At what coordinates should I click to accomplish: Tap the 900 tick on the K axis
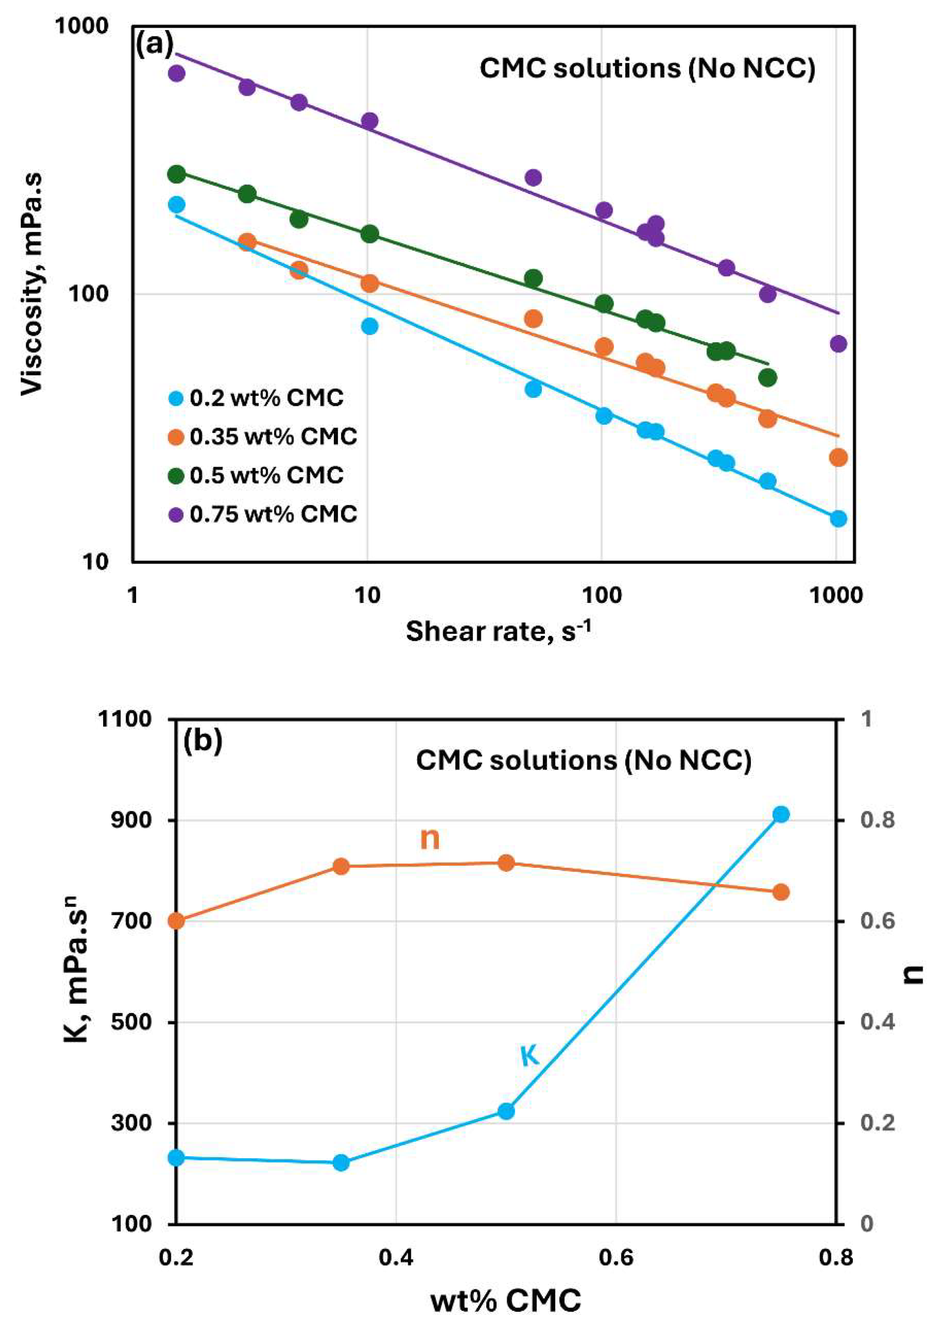coord(134,820)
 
